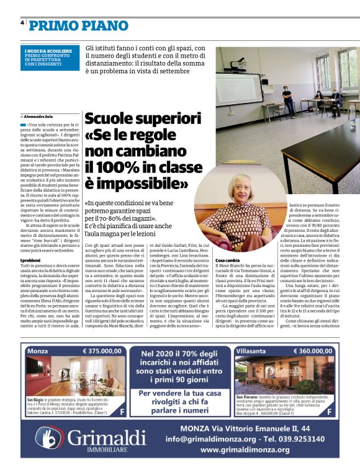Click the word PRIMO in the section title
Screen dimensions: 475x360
coord(50,25)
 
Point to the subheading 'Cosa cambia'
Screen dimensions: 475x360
coord(228,261)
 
